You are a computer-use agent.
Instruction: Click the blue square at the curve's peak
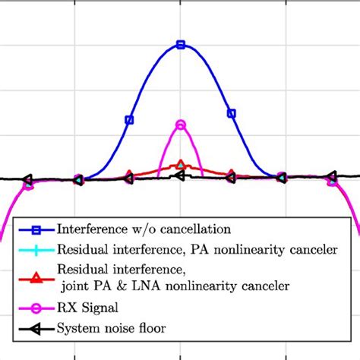(x=181, y=45)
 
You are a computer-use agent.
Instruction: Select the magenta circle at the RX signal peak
(x=181, y=125)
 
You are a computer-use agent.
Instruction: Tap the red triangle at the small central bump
(x=181, y=165)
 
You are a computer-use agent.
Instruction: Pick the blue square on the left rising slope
(x=129, y=119)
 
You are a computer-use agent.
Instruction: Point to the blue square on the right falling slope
(x=232, y=114)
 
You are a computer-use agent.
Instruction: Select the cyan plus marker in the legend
(x=36, y=248)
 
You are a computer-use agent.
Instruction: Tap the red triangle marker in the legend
(x=36, y=277)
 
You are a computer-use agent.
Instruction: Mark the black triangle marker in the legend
(x=36, y=329)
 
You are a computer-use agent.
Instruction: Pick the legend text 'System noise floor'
(x=109, y=329)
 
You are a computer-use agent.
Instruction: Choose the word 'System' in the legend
(x=77, y=329)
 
